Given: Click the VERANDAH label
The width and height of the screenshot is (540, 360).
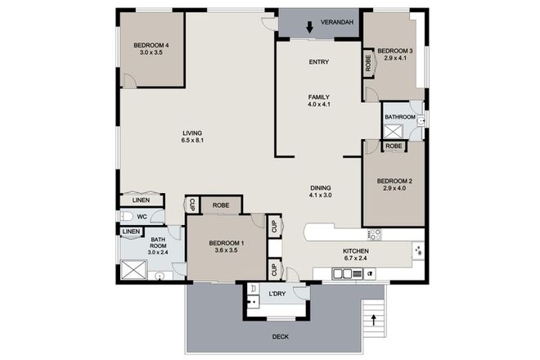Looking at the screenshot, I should [337, 22].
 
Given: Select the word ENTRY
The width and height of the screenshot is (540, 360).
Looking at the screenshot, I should [319, 63].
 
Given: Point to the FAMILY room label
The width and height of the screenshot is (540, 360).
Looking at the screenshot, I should [319, 97].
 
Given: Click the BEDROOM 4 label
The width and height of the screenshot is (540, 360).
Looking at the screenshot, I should [152, 45].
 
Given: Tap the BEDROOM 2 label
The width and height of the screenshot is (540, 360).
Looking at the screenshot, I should [394, 181].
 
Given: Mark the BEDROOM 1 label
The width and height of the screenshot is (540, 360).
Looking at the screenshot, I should [226, 243].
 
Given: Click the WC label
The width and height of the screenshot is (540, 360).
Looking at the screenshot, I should [142, 218].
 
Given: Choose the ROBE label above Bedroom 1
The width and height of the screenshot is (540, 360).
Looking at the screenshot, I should [220, 206].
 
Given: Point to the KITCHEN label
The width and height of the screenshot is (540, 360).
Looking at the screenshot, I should [355, 251].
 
